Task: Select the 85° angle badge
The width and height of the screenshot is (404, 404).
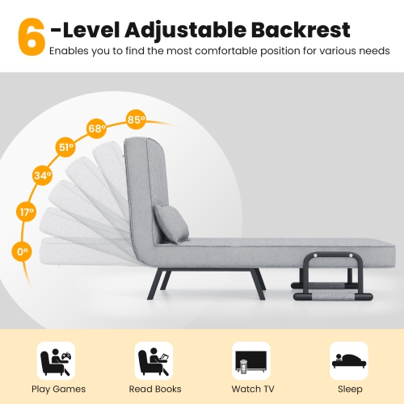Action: point(136,120)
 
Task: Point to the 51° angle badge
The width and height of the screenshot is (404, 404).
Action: point(65,148)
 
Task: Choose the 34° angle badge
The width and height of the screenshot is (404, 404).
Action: point(41,175)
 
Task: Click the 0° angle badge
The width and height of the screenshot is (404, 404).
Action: point(22,252)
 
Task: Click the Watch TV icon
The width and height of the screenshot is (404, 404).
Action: point(251,360)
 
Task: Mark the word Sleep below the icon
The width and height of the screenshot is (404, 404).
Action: point(349,389)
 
